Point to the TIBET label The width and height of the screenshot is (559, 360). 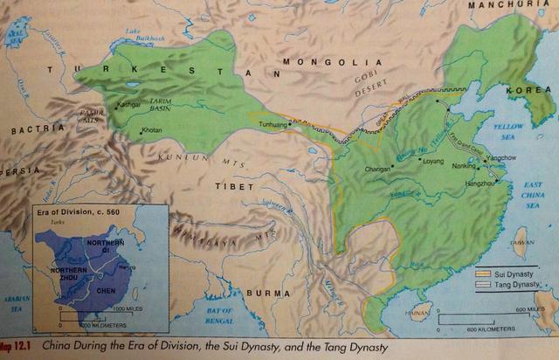(x=230, y=184)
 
